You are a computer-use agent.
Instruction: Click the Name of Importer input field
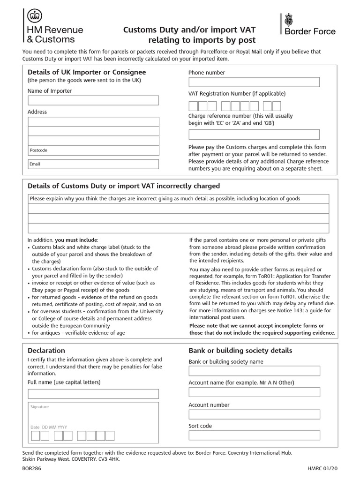click(93, 100)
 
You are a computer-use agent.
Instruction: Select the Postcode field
click(93, 150)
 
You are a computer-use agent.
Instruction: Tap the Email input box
click(93, 164)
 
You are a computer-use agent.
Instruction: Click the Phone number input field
click(254, 82)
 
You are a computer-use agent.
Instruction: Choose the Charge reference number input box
click(254, 135)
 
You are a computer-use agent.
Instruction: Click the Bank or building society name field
click(254, 371)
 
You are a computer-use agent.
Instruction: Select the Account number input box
click(254, 414)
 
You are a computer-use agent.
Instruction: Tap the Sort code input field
click(254, 435)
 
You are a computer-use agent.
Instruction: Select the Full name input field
click(93, 394)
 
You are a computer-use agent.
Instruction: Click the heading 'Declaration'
click(46, 351)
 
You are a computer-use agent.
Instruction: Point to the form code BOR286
click(31, 468)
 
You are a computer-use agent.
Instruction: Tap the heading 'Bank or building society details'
click(240, 351)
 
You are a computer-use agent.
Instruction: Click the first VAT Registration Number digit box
click(193, 106)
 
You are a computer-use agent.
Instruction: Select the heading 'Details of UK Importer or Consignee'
click(87, 72)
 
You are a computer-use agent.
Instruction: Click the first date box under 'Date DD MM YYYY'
click(36, 436)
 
